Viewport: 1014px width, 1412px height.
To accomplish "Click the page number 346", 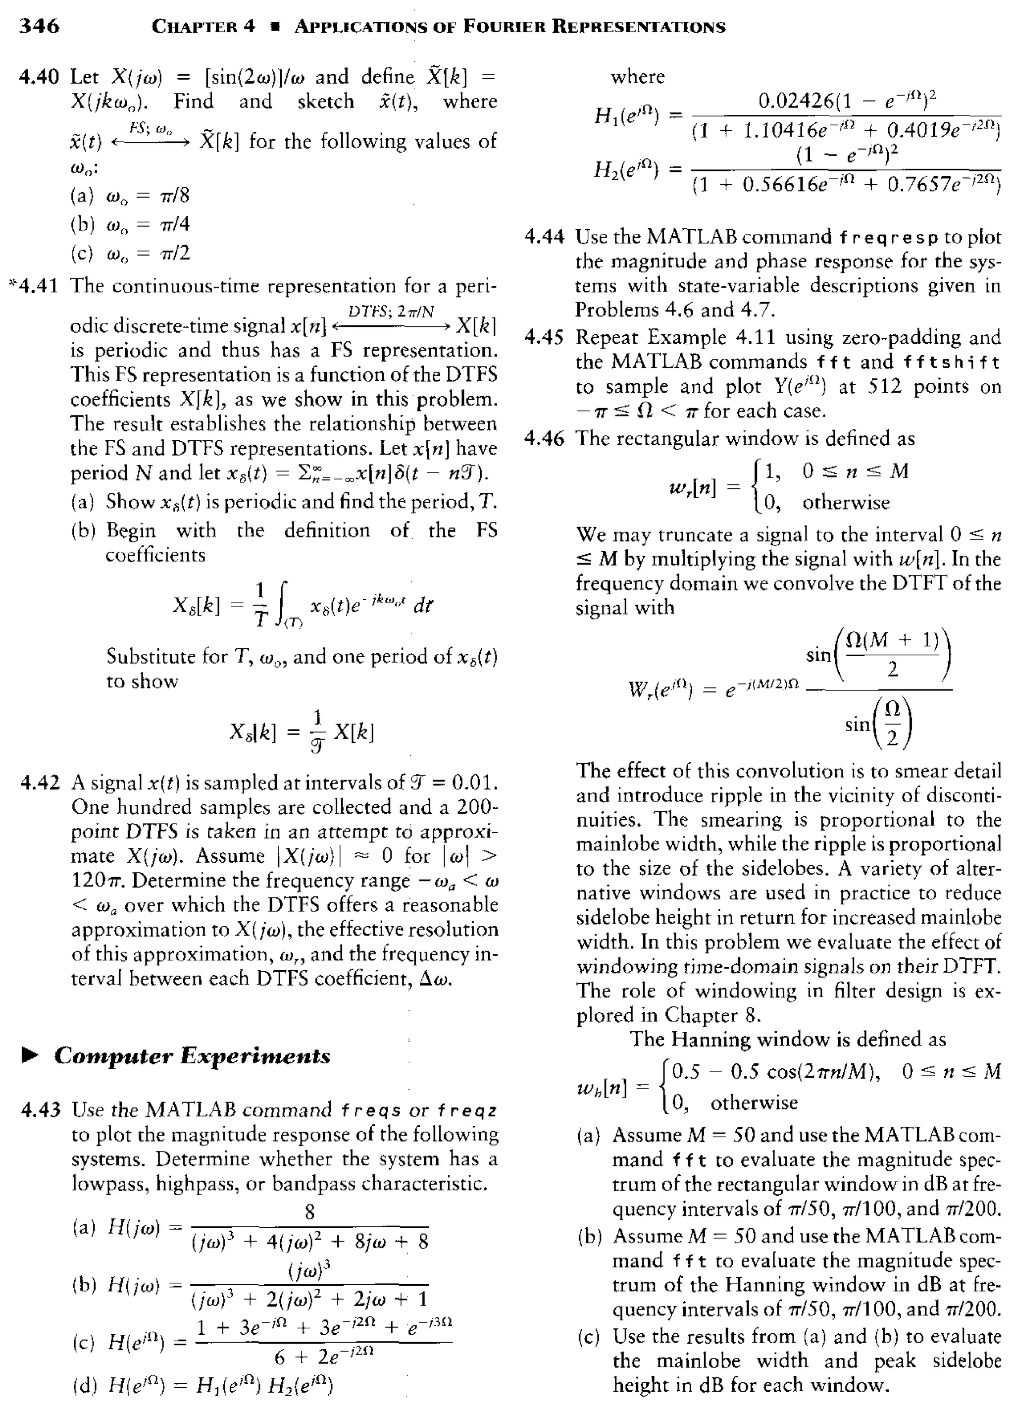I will coord(39,26).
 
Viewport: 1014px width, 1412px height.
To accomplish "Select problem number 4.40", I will coord(39,77).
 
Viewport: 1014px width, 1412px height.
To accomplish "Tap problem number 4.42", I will coord(40,783).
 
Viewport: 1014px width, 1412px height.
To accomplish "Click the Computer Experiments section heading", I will coord(192,1056).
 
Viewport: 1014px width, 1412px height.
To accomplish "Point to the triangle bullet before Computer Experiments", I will coord(30,1055).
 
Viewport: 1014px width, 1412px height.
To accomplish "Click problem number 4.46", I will coord(544,439).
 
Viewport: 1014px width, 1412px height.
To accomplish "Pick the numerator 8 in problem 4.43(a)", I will coord(309,1211).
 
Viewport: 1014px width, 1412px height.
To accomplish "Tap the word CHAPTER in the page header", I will coord(203,27).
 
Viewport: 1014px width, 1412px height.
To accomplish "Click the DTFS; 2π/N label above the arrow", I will coord(391,311).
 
